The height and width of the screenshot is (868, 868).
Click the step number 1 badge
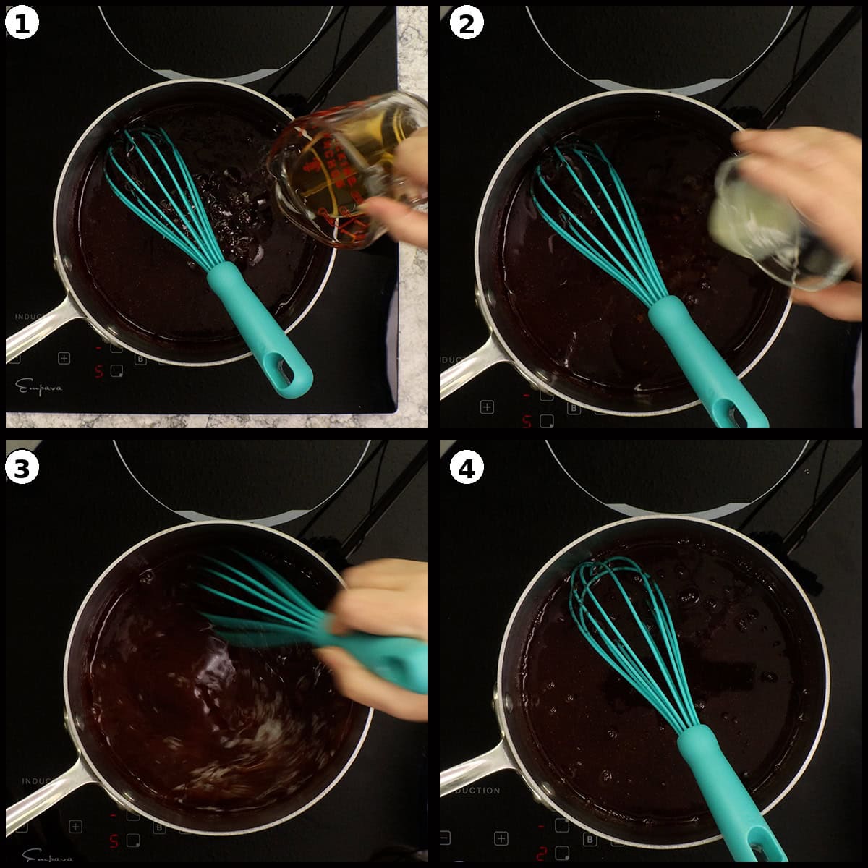tap(22, 24)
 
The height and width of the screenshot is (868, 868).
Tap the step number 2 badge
tap(467, 24)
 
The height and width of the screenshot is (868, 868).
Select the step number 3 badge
tap(22, 469)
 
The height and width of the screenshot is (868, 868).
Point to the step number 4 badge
tap(467, 469)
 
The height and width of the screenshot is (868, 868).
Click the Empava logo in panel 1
tap(40, 388)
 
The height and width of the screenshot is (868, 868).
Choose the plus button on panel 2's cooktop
tap(487, 407)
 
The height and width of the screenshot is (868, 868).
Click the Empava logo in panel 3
tap(48, 856)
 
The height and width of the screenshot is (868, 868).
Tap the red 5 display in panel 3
tap(114, 841)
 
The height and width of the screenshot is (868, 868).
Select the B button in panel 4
tap(590, 839)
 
